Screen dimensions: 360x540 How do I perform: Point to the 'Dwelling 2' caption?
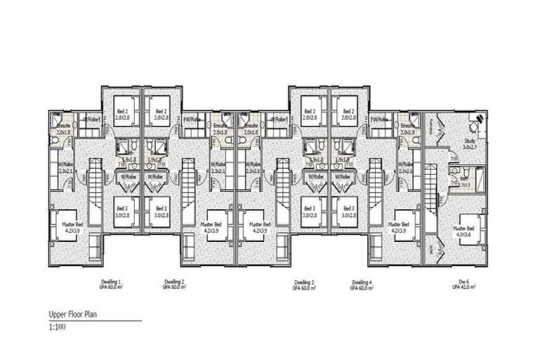tap(173, 284)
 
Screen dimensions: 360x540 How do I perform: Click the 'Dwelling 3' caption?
tap(305, 284)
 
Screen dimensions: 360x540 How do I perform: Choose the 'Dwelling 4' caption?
tap(362, 284)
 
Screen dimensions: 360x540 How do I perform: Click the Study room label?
tap(470, 144)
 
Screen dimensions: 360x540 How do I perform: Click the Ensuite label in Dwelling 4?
tap(408, 129)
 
